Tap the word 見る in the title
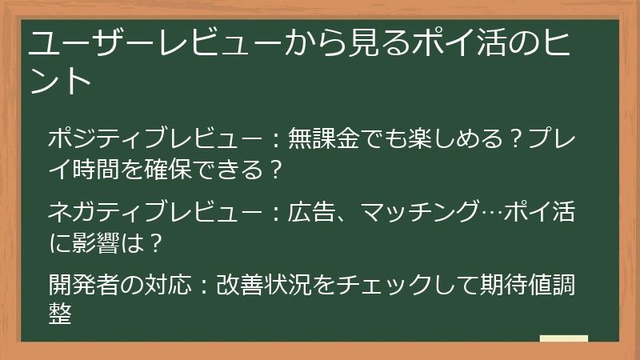click(x=366, y=43)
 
